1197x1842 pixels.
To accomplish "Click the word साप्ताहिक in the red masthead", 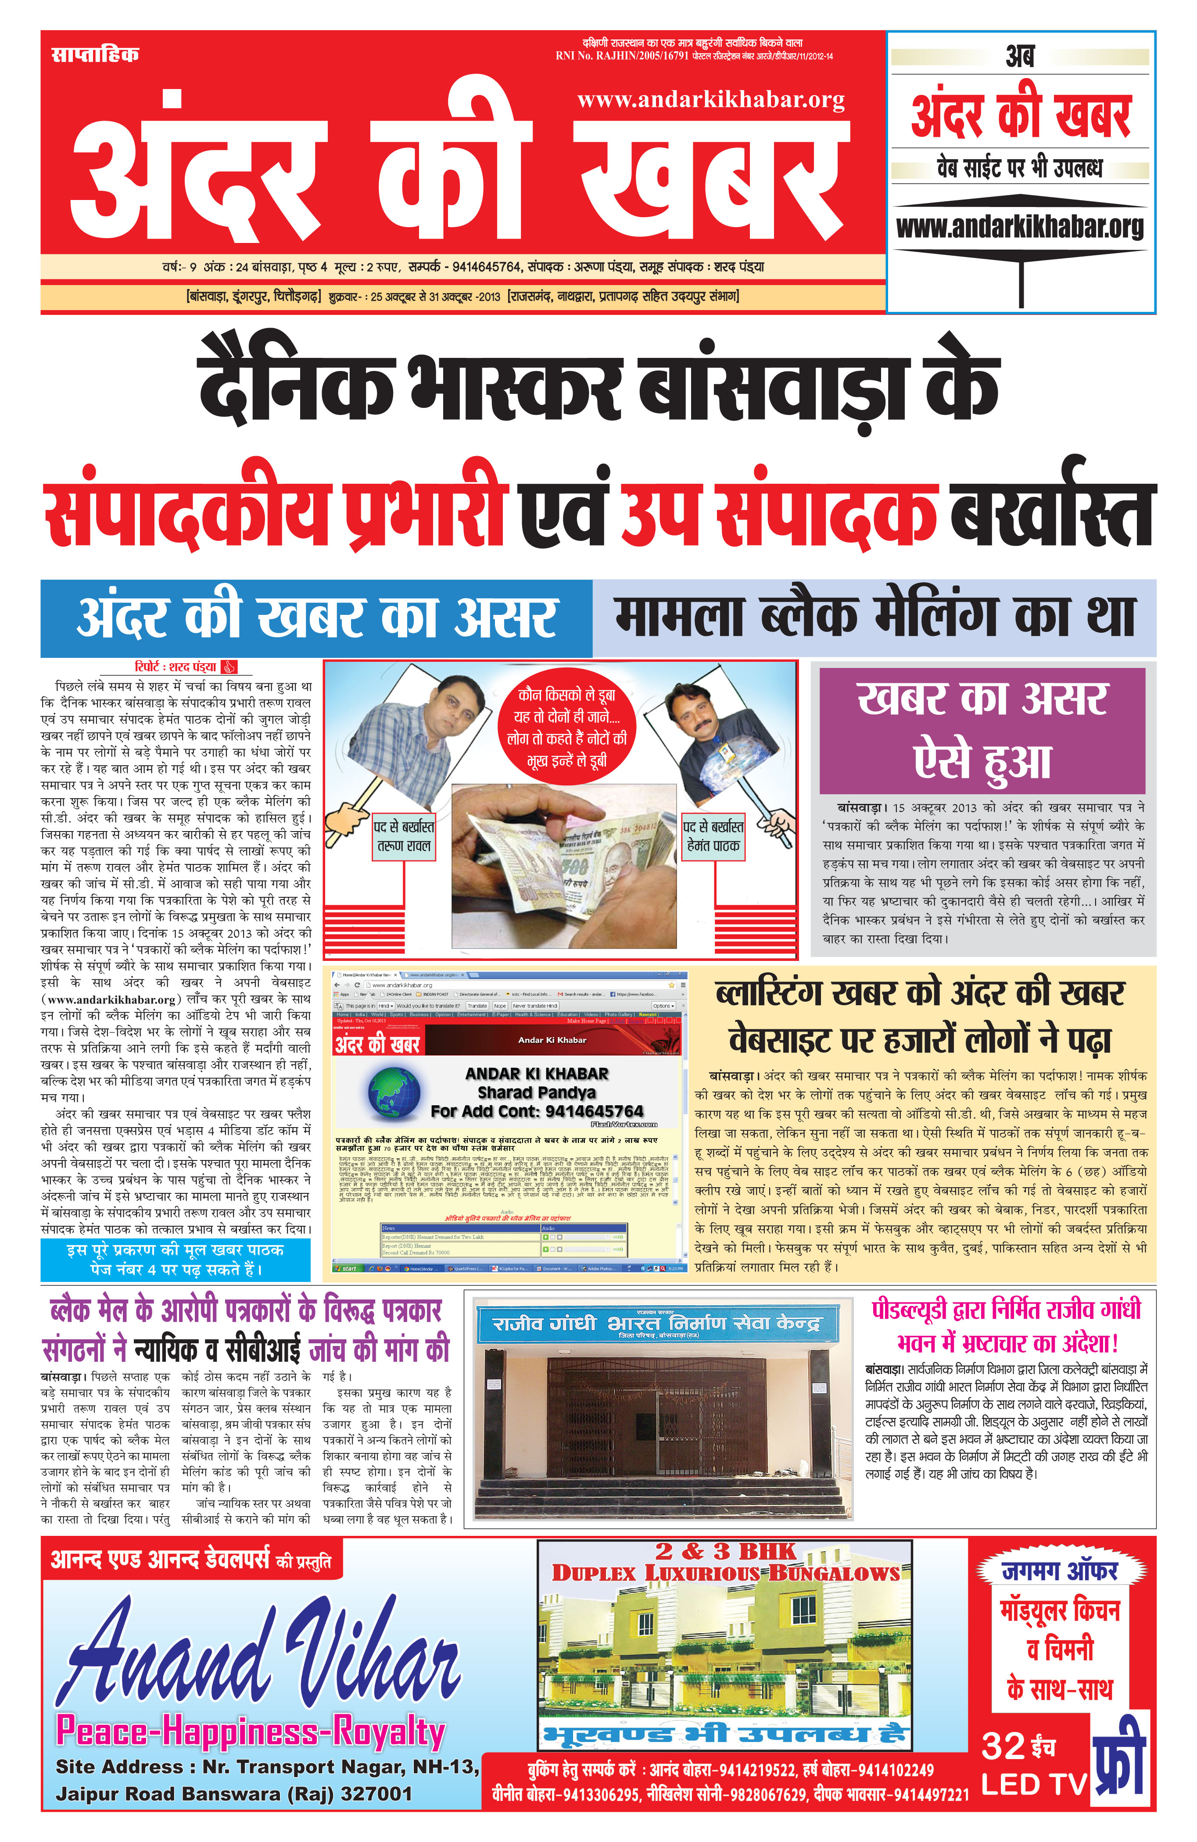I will click(x=94, y=54).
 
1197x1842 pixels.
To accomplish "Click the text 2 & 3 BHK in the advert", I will click(x=725, y=1551).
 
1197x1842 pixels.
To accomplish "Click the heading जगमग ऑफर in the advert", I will click(x=1059, y=1571).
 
